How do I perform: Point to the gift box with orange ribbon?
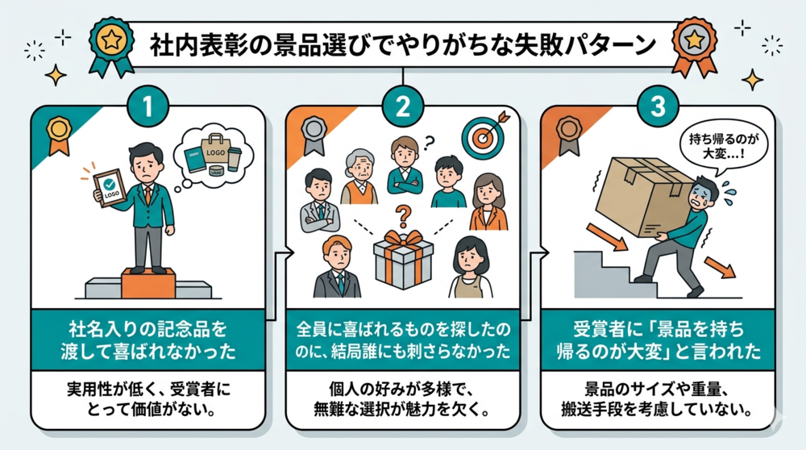(404, 256)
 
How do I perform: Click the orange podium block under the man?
(147, 285)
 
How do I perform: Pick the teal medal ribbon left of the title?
(109, 40)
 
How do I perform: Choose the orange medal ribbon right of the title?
(695, 40)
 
